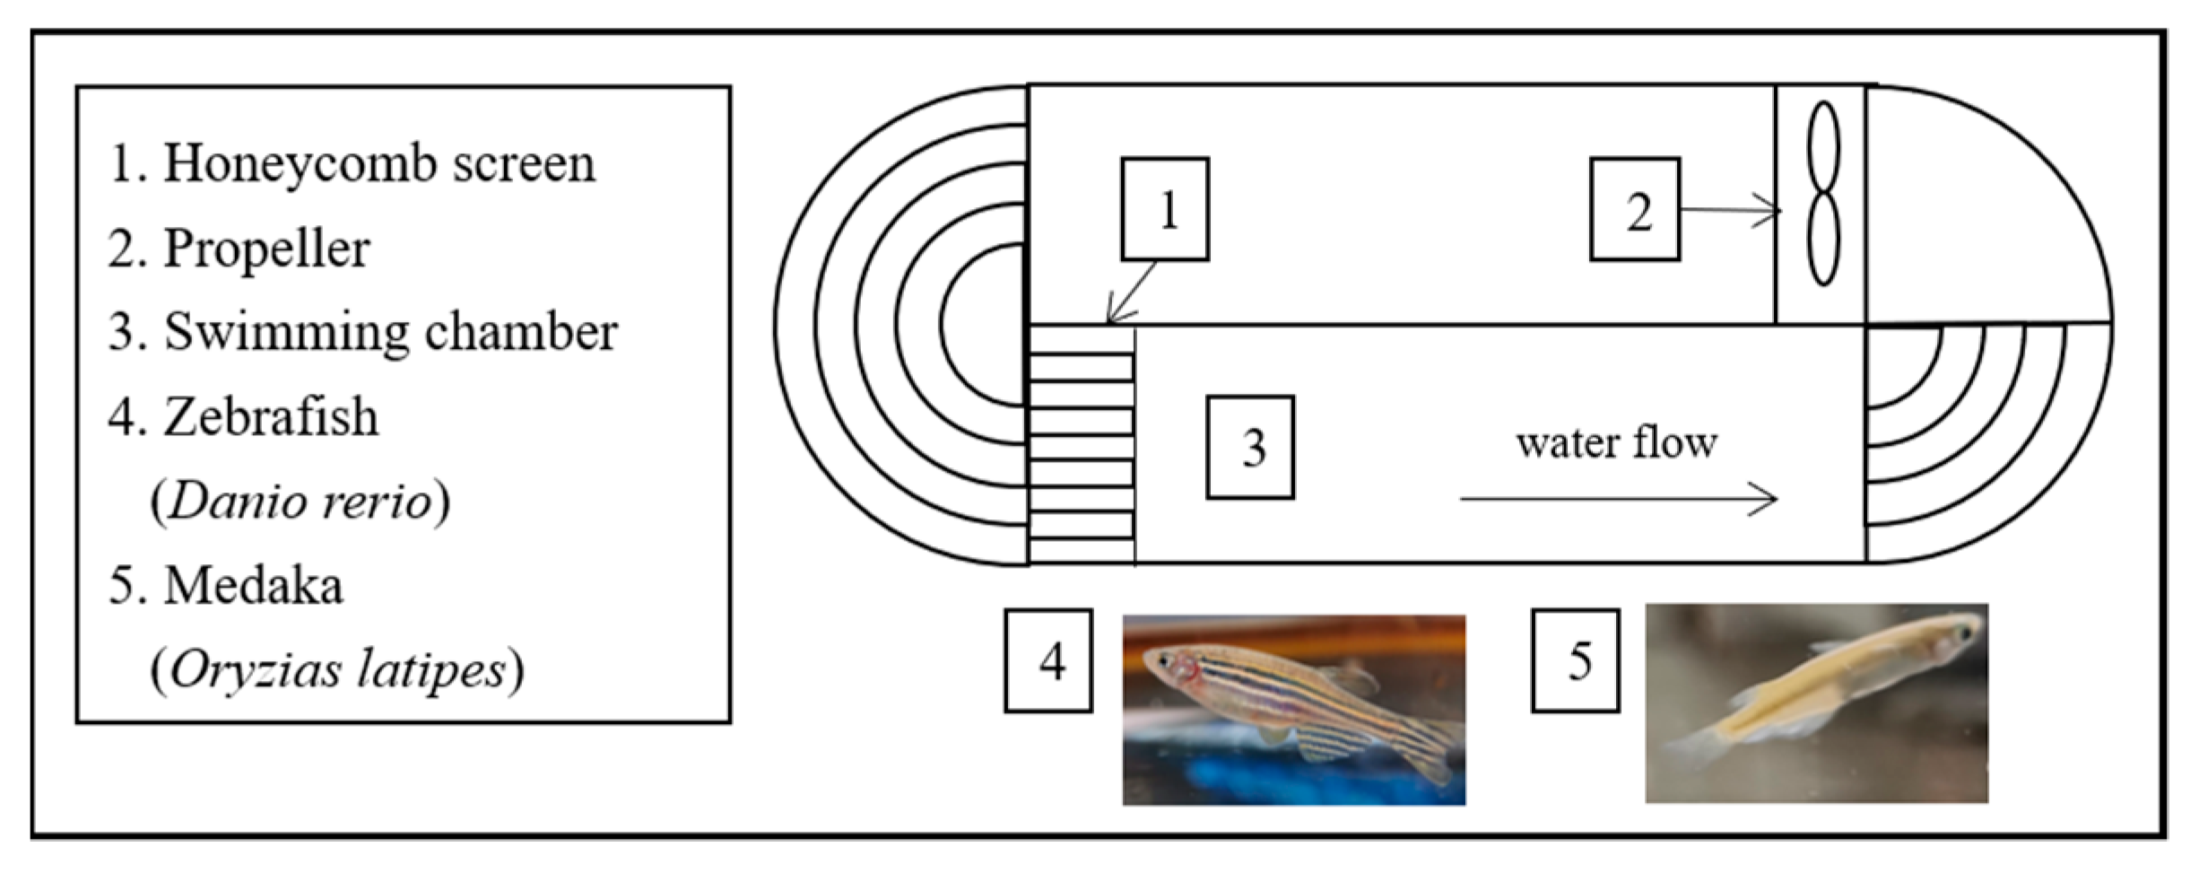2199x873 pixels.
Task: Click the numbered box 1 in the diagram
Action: tap(1165, 209)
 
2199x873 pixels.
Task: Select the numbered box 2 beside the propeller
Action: tap(1635, 210)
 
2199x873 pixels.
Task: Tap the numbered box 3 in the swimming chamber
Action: tap(1250, 447)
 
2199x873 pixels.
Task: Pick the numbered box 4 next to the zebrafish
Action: tap(1048, 661)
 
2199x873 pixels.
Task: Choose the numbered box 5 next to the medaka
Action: tap(1576, 661)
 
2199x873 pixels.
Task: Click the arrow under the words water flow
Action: tap(1618, 499)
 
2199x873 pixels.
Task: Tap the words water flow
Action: tap(1616, 443)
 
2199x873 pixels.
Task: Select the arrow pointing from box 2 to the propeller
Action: tap(1730, 211)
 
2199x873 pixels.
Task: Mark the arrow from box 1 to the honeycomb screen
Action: tap(1131, 292)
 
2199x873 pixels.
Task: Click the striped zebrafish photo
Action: tap(1293, 709)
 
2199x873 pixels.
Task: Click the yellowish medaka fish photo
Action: tap(1816, 703)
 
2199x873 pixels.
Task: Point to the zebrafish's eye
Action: tap(1164, 661)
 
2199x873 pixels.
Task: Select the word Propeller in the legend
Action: tap(266, 249)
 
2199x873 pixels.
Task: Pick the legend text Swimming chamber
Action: tap(390, 332)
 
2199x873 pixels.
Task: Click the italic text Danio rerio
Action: tap(300, 501)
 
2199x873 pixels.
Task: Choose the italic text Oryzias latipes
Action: tap(338, 669)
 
